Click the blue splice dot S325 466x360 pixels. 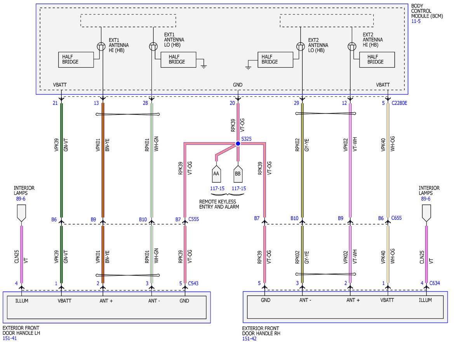238,143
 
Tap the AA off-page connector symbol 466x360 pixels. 216,174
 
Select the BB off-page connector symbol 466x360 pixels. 238,174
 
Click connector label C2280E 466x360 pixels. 399,103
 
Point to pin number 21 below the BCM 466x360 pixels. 55,103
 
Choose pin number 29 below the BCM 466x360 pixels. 296,103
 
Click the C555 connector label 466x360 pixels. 194,219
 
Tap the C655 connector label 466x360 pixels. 396,218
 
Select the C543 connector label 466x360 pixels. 193,283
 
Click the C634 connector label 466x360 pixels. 435,283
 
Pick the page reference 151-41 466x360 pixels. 10,338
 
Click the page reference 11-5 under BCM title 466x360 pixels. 416,21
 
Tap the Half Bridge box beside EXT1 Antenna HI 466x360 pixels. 76,59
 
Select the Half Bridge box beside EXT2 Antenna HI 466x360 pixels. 377,59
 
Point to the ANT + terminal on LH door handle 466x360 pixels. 106,301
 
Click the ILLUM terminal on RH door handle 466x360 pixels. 425,300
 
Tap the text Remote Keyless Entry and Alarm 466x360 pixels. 219,204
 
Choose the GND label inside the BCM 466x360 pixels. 238,85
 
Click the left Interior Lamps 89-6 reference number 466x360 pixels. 21,199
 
